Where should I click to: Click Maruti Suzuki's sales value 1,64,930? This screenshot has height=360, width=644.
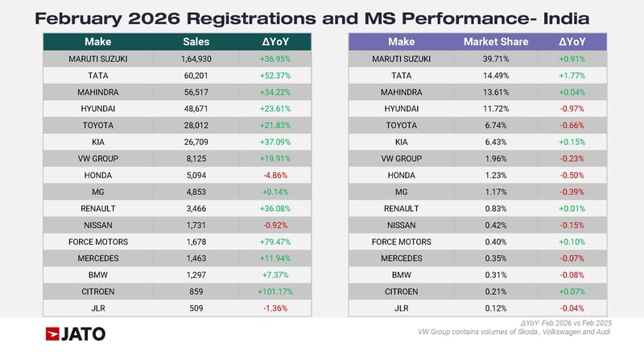(x=194, y=59)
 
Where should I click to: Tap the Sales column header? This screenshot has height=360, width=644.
(x=194, y=41)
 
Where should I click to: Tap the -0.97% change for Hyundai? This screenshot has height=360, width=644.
(x=572, y=108)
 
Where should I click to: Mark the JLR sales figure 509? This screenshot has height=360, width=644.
(x=194, y=308)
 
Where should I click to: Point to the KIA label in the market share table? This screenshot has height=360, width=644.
(x=402, y=142)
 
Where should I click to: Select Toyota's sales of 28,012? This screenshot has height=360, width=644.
(x=194, y=125)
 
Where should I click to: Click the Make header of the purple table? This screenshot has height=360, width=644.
(x=402, y=41)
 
